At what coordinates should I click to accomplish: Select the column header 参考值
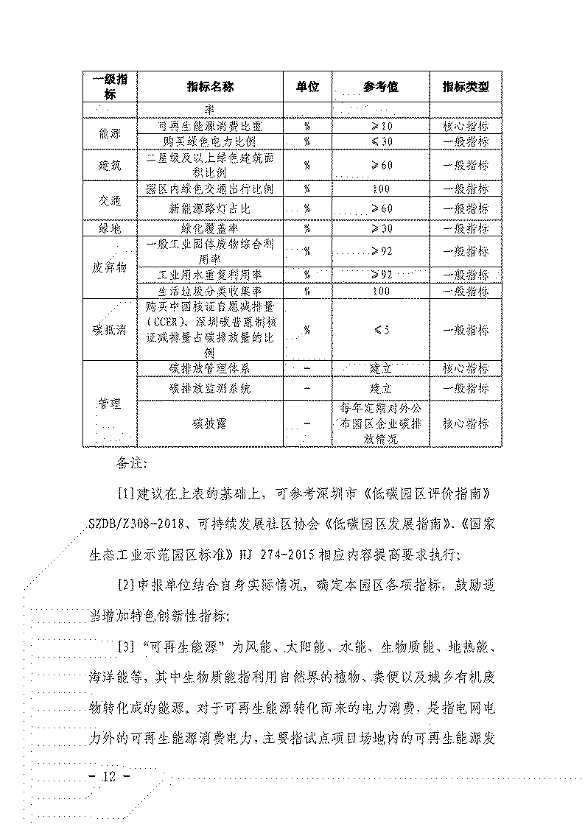[x=380, y=87]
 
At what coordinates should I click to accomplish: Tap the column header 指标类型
[x=466, y=87]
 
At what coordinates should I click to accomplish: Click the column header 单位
[x=307, y=87]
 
